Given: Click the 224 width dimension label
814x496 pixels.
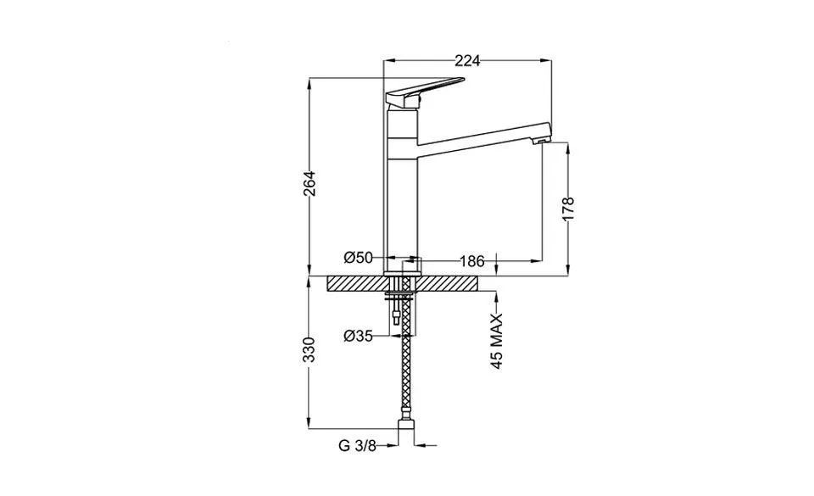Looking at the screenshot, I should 467,60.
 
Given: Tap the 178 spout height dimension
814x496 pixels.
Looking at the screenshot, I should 568,209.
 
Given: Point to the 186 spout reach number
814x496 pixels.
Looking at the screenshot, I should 472,259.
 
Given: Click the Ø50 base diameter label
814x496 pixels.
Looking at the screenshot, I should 359,259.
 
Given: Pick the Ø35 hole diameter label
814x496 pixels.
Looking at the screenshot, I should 360,336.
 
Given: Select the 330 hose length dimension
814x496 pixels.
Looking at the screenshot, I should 309,349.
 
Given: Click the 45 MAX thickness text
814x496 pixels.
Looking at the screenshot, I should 498,340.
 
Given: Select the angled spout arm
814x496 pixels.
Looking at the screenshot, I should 479,141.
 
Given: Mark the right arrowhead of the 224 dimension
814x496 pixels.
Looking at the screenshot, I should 548,60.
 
